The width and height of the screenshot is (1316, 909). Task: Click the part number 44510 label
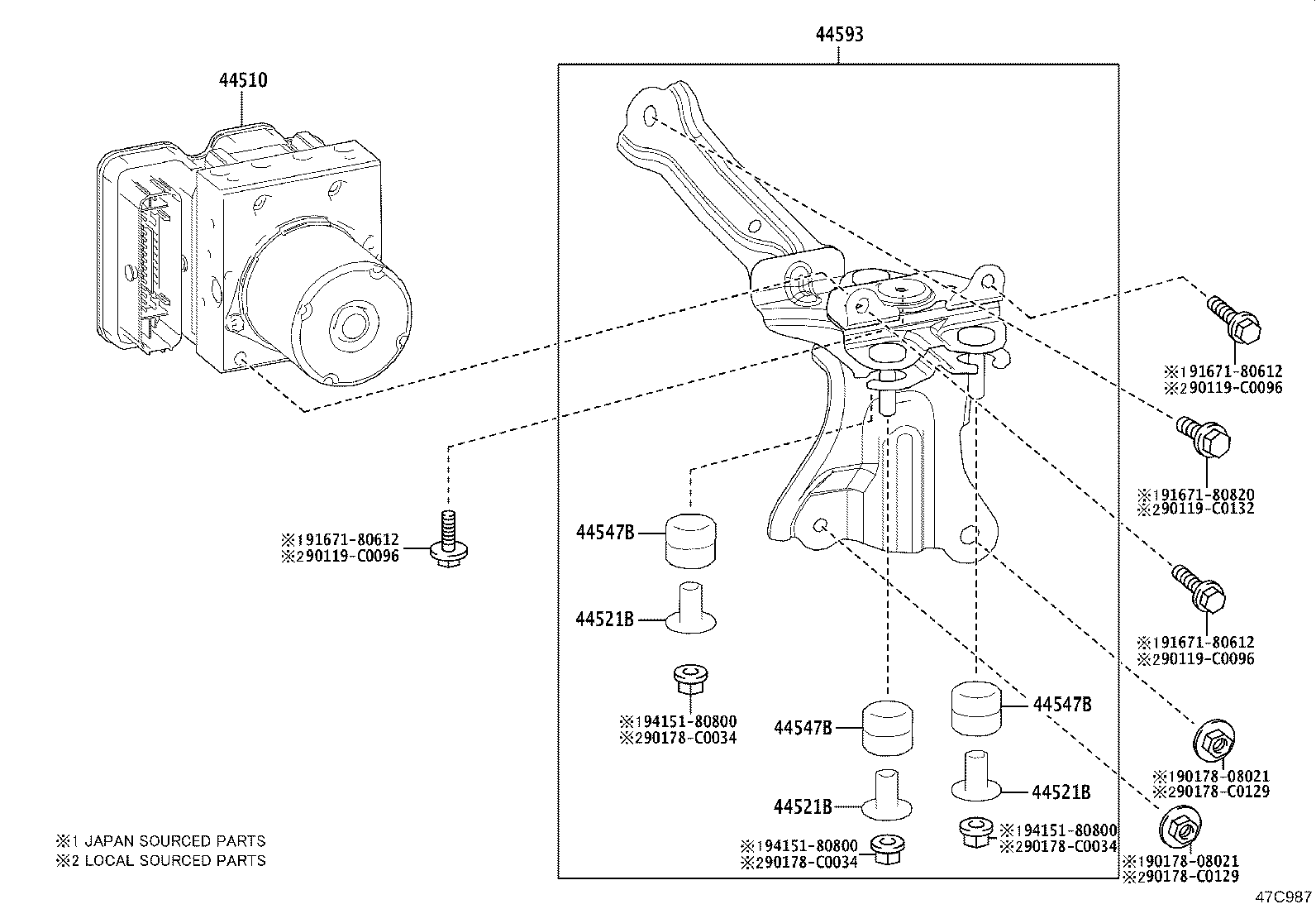243,80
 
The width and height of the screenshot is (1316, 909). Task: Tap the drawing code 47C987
1284,897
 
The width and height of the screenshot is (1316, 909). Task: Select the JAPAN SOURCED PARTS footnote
161,841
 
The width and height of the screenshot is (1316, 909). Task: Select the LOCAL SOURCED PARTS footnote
161,860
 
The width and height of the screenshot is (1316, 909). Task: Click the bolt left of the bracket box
446,540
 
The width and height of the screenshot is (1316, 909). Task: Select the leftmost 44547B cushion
690,538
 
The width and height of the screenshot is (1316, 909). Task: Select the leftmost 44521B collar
690,610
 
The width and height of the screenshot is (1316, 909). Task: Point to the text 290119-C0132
1195,509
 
